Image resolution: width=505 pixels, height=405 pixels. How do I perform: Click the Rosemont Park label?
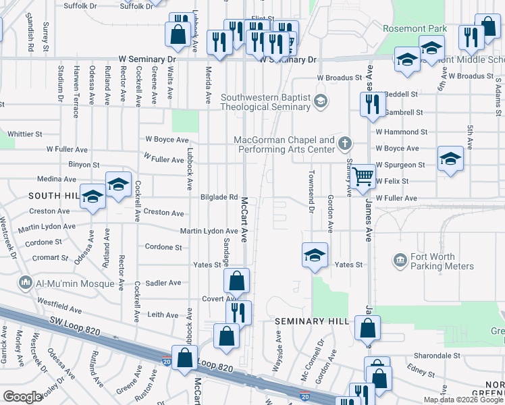(x=415, y=29)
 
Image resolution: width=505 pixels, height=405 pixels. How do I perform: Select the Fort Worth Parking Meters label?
(x=432, y=261)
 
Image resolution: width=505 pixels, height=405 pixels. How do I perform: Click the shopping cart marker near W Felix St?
(x=363, y=178)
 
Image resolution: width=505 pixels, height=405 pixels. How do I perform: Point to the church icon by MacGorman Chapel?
(x=345, y=143)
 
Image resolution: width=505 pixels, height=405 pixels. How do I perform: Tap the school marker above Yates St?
(x=315, y=256)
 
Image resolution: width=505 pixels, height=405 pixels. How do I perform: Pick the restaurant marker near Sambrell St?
(x=371, y=105)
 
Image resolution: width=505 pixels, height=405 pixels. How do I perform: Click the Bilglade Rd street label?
(x=219, y=197)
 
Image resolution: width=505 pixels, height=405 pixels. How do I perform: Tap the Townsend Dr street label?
(x=311, y=196)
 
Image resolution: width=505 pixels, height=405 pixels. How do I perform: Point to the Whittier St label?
(x=25, y=134)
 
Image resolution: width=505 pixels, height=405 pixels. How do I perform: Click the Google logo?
(x=22, y=397)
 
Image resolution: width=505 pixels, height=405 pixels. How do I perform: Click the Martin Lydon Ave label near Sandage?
(x=208, y=231)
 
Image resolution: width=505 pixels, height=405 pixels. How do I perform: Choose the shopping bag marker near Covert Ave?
(x=237, y=281)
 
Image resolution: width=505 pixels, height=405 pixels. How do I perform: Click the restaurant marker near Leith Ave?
(x=238, y=313)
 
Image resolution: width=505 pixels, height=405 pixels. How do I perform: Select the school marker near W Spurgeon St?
(x=450, y=160)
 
